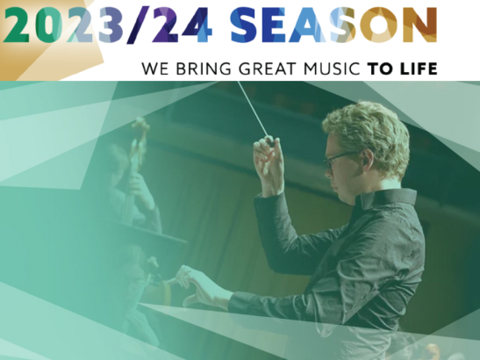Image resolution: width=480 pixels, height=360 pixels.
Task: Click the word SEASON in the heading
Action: (x=334, y=25)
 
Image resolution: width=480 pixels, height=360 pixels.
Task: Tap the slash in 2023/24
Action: (x=138, y=25)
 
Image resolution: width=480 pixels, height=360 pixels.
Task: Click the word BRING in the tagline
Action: (x=204, y=68)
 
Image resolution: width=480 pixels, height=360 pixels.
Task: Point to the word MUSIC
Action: (x=332, y=68)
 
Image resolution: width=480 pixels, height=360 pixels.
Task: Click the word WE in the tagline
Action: (x=155, y=68)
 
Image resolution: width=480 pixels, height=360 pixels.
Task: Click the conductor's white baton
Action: (x=254, y=110)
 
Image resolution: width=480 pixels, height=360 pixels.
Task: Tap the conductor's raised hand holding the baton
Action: (x=269, y=165)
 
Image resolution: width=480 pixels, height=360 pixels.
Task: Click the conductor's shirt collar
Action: (x=386, y=197)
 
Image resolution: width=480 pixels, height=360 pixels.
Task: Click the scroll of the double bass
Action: (x=141, y=126)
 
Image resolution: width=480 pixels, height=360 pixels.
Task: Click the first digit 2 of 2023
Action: (x=16, y=25)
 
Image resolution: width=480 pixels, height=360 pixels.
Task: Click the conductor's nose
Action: (x=327, y=170)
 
